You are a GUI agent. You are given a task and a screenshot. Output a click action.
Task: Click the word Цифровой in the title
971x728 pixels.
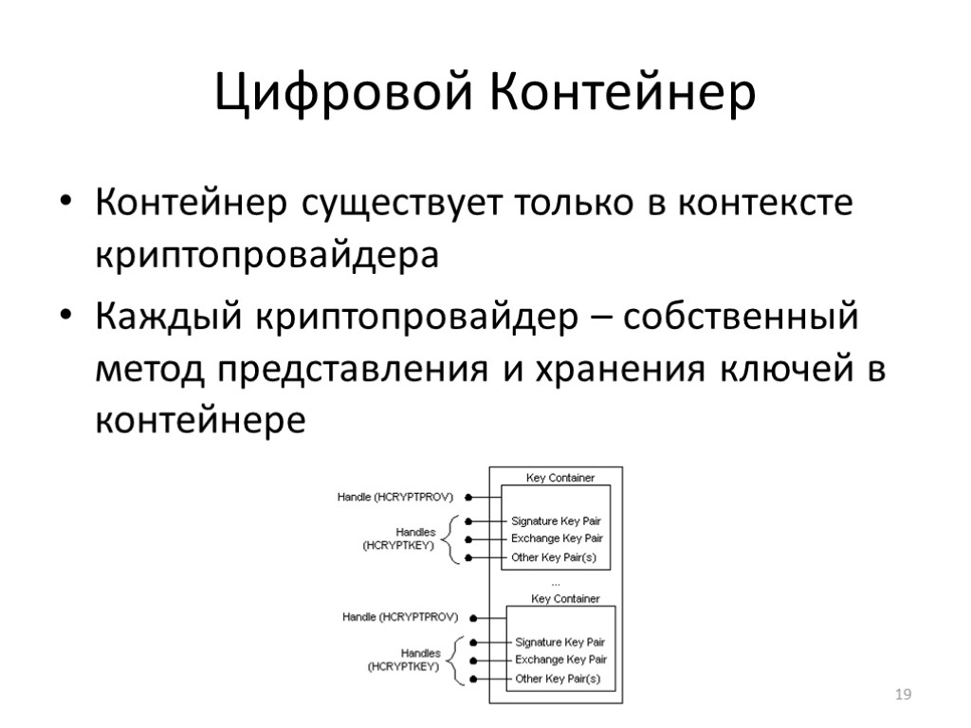coord(343,93)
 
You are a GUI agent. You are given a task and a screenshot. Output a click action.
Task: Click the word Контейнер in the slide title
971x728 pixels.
coord(623,93)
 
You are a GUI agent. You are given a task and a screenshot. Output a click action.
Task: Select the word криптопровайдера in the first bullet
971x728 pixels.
coord(267,256)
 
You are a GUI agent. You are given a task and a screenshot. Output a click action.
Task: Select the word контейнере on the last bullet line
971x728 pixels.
coord(201,419)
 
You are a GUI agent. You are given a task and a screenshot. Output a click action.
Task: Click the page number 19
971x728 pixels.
coord(904,697)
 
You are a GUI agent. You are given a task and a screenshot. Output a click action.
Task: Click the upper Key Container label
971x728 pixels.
coord(560,478)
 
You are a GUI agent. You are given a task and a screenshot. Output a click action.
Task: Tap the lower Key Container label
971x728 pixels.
coord(565,598)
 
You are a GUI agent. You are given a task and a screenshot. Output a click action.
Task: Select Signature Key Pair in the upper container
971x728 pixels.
coord(556,521)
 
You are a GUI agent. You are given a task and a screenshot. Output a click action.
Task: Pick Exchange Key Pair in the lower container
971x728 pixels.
coord(560,660)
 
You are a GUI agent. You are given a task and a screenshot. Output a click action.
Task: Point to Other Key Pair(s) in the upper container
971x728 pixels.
coord(554,557)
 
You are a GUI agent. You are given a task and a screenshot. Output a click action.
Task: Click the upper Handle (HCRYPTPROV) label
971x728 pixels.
coord(395,496)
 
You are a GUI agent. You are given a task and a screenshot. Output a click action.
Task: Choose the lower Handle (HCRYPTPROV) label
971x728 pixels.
coord(400,617)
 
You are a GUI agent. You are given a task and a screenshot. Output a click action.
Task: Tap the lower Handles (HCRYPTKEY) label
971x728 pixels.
coord(404,660)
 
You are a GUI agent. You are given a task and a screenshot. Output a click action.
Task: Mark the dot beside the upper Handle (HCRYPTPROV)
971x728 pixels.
coord(469,496)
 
